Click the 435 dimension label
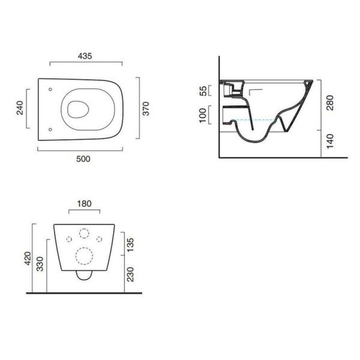85,56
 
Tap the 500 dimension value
83,159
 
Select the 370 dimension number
146,108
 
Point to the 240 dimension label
20,108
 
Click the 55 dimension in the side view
203,91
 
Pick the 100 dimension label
203,116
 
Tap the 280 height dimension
330,103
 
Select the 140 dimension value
330,141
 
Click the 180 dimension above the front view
84,204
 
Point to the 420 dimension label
28,258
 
